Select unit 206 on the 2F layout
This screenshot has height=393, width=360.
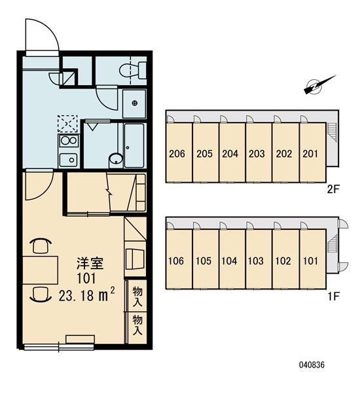179,152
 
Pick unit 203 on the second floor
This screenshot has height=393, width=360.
259,152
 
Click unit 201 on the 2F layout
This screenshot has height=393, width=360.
312,152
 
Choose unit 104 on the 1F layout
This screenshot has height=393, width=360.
232,259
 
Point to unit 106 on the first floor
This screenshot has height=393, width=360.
179,259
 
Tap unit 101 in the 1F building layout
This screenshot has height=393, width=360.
312,259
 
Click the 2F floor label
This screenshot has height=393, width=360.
333,189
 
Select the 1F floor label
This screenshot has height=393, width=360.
333,297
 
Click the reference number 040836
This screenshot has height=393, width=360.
312,365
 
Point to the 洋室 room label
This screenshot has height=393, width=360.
90,263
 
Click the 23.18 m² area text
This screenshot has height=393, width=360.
87,295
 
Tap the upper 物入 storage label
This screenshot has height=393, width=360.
137,297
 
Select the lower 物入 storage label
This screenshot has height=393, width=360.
137,325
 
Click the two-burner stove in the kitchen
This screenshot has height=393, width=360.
68,141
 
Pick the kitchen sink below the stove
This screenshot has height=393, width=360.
68,159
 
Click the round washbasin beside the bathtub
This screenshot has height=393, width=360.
116,159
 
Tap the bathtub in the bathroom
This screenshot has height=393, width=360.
134,145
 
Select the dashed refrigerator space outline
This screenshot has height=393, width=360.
67,124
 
